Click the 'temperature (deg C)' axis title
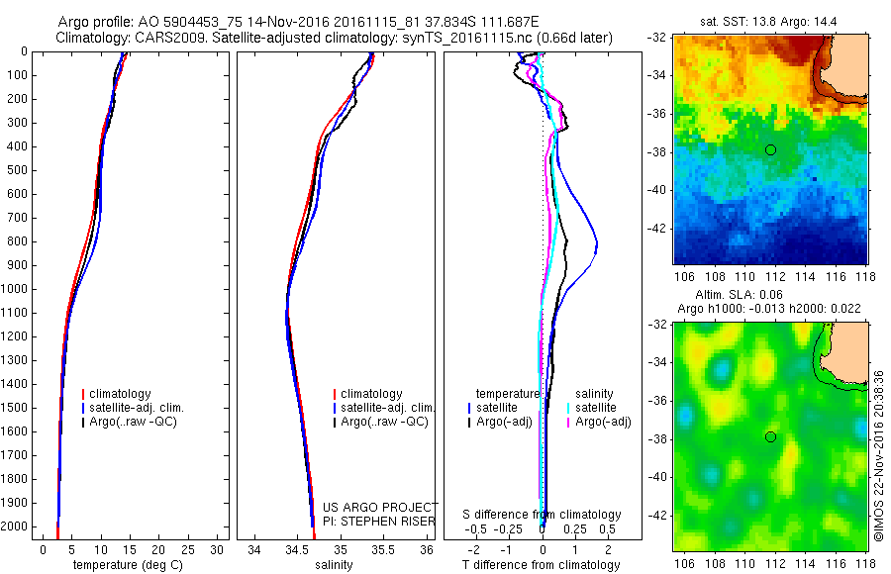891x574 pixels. (x=128, y=565)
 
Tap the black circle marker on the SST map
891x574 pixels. (x=770, y=149)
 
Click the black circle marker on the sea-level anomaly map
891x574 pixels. (x=770, y=437)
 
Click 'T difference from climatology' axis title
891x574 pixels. (x=543, y=565)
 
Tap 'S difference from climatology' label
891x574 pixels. (x=543, y=515)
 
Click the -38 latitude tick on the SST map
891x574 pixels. (x=657, y=151)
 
